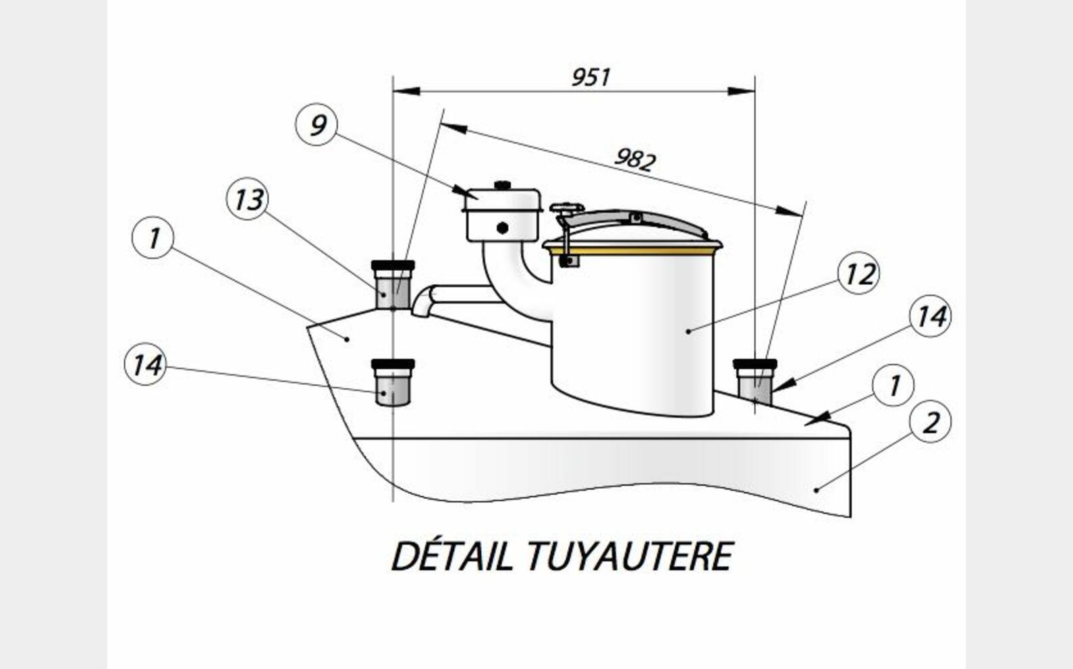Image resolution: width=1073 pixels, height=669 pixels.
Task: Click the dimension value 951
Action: (x=591, y=78)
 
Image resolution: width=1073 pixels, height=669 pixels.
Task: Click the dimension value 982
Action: (x=635, y=159)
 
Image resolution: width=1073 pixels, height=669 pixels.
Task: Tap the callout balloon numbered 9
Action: (x=316, y=125)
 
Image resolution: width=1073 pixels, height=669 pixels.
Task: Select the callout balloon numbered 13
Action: (x=247, y=199)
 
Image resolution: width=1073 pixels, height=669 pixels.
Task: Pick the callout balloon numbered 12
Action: (x=858, y=273)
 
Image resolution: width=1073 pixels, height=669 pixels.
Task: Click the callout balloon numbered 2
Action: (x=930, y=422)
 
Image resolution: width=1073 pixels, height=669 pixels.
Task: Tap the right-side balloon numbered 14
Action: (x=930, y=317)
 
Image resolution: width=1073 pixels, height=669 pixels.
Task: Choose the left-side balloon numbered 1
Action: (x=153, y=238)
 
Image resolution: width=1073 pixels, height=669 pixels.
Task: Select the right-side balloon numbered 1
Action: (x=893, y=385)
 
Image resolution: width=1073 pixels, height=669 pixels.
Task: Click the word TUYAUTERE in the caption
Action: (x=630, y=557)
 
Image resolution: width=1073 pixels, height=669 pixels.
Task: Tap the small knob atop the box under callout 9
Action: (x=503, y=185)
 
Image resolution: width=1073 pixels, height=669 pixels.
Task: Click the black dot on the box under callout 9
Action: (x=503, y=228)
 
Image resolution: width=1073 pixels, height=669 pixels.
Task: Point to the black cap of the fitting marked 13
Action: (x=393, y=265)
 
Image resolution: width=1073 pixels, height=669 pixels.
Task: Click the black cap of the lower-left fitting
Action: (x=393, y=364)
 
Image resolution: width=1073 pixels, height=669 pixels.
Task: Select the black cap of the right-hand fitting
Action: (x=755, y=364)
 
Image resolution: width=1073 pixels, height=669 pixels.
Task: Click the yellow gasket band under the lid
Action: (x=632, y=250)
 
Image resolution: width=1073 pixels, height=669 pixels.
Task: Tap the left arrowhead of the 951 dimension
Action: (x=407, y=91)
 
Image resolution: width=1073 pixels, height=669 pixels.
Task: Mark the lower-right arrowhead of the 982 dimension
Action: (x=789, y=211)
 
